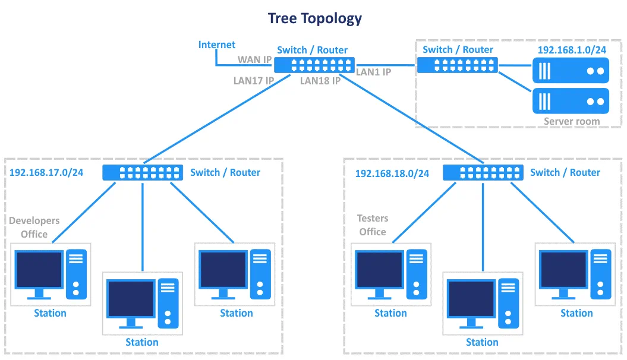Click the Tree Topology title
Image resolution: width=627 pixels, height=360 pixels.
(314, 18)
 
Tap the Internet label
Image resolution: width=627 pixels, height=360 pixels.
(216, 45)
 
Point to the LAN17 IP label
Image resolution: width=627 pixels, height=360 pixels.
(254, 80)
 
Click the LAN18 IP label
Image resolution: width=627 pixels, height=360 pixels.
(320, 81)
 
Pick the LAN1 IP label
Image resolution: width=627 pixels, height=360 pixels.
(373, 72)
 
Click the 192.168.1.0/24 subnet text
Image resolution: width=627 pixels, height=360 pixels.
(572, 50)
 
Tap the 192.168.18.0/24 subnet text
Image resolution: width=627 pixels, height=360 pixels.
(392, 173)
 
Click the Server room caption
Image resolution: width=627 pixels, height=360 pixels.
(572, 121)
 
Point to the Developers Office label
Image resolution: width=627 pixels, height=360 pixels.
(34, 227)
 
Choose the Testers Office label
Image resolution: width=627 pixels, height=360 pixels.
(373, 226)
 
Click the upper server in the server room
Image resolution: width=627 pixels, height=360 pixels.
(571, 71)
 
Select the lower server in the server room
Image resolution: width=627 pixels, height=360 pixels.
(571, 101)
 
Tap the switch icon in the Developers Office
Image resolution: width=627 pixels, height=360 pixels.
(142, 172)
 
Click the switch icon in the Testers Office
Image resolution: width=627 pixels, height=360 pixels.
(483, 172)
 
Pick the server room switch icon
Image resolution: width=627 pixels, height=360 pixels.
(456, 65)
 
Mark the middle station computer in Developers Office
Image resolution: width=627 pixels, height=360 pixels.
(142, 302)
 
